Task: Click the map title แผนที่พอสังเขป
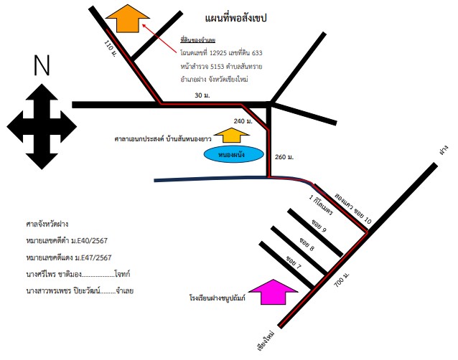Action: pos(235,18)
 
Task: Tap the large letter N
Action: pos(42,65)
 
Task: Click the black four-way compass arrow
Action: pos(42,127)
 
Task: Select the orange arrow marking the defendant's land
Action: pos(128,18)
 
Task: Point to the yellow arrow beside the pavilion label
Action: pos(232,135)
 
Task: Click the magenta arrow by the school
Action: pos(273,292)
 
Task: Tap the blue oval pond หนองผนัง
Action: pos(234,154)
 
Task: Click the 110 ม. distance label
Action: pos(110,49)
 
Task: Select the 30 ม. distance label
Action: pos(202,95)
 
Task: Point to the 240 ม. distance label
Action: pos(243,121)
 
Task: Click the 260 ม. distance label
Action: pos(284,157)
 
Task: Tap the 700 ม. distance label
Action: pos(342,280)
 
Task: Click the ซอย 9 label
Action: pos(319,225)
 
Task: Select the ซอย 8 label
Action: pos(307,244)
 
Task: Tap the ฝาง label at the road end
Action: pos(444,149)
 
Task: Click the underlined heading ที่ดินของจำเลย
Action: pos(197,40)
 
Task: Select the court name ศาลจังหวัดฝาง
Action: pos(47,224)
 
